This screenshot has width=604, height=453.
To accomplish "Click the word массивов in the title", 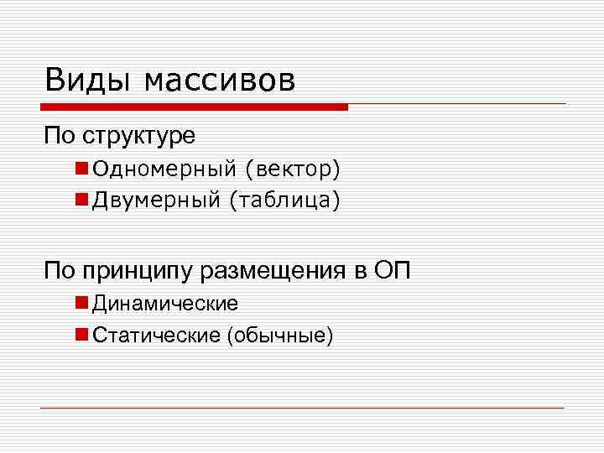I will pos(220,81).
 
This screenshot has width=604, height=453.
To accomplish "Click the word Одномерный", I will pos(164,170).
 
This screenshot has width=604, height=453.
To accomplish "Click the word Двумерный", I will pos(156,200).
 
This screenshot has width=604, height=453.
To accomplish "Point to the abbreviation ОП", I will pos(397,270).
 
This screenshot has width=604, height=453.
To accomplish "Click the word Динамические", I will pos(165,303).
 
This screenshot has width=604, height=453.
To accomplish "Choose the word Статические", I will pos(157,336).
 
